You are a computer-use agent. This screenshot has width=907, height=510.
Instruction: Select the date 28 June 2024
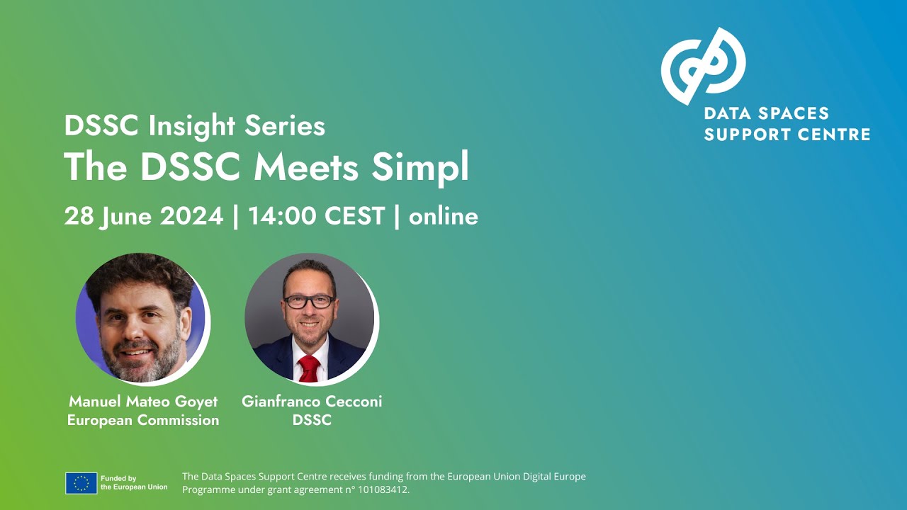point(144,216)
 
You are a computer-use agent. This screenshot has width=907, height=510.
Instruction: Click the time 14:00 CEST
point(317,216)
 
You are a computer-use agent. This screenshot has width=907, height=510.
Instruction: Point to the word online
point(444,216)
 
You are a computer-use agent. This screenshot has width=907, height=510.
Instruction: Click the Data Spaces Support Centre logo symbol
point(702,66)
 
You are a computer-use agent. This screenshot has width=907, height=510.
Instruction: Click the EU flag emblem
point(81,483)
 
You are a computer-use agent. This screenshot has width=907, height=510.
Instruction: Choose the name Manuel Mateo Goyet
point(143,401)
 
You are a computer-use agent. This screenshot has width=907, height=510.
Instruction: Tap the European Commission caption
point(143,420)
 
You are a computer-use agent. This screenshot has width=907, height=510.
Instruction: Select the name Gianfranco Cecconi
point(312,401)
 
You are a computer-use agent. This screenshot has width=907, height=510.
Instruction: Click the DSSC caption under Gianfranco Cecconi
point(312,420)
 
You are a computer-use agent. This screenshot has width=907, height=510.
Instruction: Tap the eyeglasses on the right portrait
point(309,301)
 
